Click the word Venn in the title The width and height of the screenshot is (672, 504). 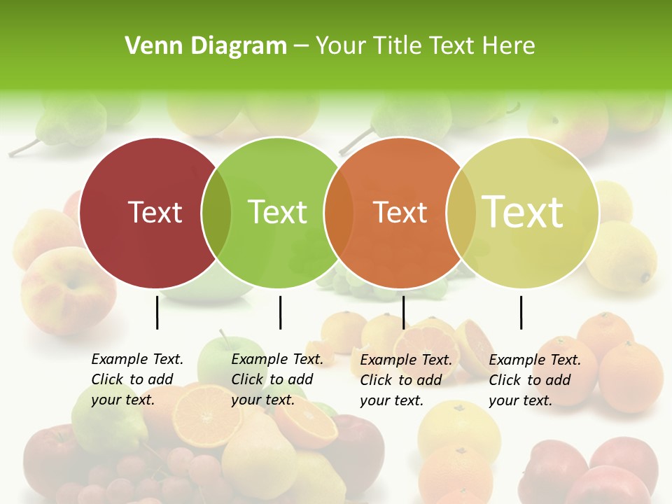point(150,46)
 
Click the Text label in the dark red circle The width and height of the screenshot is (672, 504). point(155,212)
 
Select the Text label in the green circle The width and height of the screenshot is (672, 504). point(278,212)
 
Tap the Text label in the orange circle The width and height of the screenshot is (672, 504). point(400,212)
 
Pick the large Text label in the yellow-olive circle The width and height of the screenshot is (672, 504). point(523,212)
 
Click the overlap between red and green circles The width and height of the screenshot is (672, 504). point(216,213)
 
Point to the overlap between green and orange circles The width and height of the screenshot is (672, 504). point(339,213)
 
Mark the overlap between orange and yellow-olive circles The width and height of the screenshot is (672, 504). point(461,213)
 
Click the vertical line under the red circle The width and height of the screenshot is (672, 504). point(157,312)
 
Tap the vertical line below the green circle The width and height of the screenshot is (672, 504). point(280,312)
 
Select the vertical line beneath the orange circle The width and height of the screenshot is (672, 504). point(403,312)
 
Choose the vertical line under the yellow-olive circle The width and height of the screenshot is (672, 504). point(521,312)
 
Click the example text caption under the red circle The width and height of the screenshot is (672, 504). point(136,379)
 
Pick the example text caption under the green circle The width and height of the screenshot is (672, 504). point(276,379)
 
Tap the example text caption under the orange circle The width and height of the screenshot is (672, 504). point(405,380)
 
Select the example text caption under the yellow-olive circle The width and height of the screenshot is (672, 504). point(534,380)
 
